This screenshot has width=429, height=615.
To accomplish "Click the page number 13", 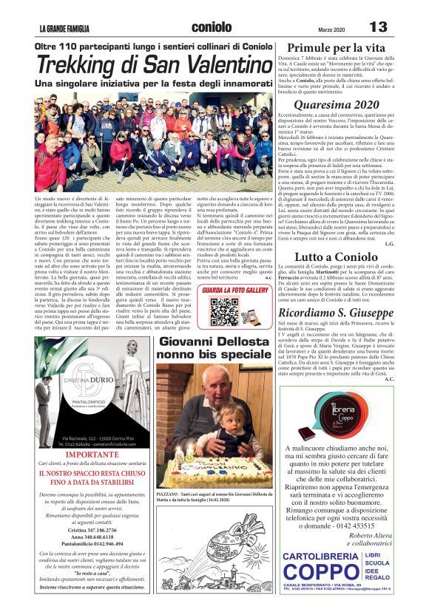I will [x=378, y=27].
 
